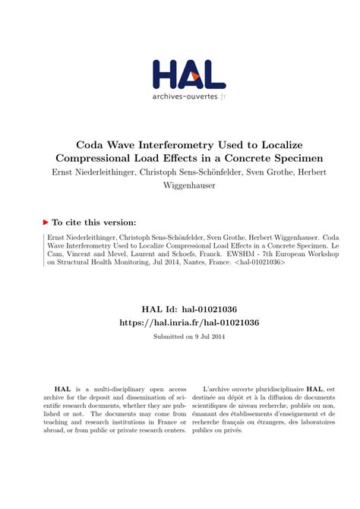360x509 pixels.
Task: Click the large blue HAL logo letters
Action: click(188, 75)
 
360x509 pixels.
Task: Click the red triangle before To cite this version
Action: click(46, 222)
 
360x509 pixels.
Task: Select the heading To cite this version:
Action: click(94, 222)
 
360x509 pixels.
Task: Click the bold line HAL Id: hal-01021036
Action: click(179, 309)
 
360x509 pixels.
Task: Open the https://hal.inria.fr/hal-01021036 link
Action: click(179, 323)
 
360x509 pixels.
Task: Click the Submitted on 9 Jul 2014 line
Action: click(179, 337)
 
